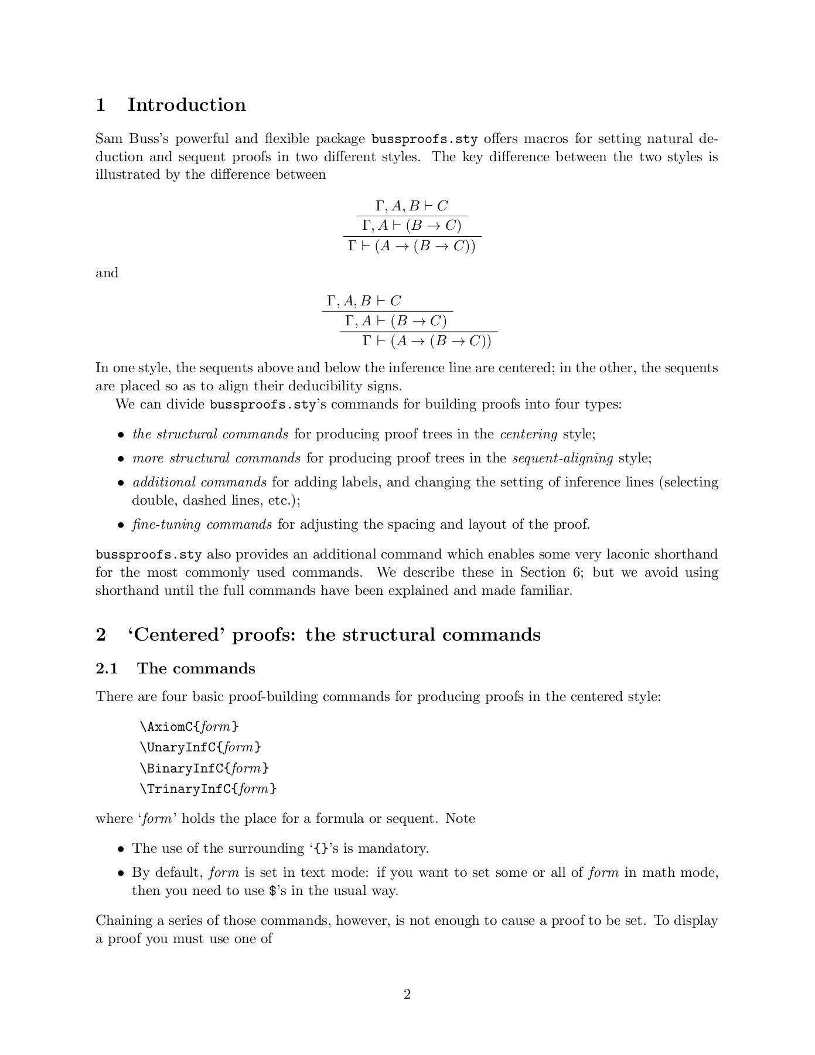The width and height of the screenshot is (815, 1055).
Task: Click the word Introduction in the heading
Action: coord(186,105)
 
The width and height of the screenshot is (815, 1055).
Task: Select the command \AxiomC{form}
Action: coord(189,727)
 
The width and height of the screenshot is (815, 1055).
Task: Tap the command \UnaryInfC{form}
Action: coord(200,747)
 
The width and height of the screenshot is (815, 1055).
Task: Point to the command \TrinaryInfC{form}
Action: coord(207,788)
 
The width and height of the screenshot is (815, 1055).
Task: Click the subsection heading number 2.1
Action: coord(107,669)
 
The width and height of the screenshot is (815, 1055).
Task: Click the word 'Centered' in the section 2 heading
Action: coord(177,635)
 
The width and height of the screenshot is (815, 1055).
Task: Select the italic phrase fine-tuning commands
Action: coord(202,524)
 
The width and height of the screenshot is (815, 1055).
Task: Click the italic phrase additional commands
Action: coord(200,482)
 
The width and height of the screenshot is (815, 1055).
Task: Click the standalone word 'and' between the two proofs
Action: coord(107,273)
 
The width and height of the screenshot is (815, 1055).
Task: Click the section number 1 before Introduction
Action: coord(101,105)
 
